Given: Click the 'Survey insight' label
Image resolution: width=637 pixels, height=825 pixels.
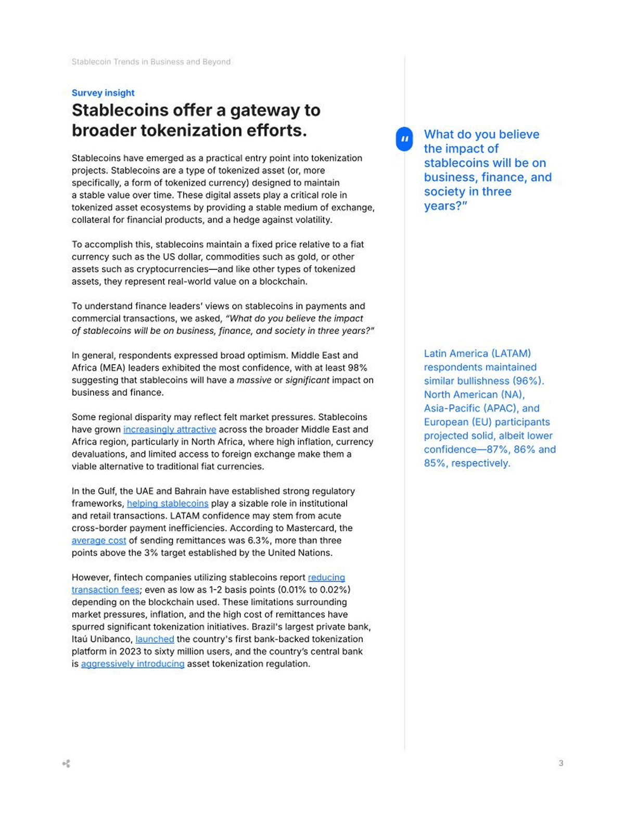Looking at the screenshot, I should click(x=103, y=93).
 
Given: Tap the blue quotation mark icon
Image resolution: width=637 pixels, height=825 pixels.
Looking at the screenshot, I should click(x=404, y=139).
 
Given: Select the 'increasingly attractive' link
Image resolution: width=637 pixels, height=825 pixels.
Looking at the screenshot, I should click(x=170, y=430).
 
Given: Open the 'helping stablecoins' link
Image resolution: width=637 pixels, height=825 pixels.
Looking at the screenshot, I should click(x=168, y=504).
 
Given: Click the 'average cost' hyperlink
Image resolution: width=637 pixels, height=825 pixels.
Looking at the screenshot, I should click(x=99, y=541).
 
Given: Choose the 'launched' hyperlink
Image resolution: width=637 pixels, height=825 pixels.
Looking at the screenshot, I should click(x=155, y=639).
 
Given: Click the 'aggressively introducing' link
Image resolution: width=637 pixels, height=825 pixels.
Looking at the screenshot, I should click(x=133, y=664).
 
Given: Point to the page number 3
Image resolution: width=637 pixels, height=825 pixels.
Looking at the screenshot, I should click(x=561, y=763).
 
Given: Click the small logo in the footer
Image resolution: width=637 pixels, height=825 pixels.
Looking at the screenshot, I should click(x=66, y=764).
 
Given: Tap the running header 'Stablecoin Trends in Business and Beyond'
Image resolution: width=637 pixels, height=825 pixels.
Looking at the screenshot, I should click(x=151, y=62).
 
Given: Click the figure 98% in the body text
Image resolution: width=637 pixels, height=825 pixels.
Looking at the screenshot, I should click(x=356, y=368).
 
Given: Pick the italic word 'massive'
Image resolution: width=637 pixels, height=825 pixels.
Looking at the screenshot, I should click(x=254, y=380).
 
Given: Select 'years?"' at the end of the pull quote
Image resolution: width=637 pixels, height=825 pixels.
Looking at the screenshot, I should click(x=445, y=206).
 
